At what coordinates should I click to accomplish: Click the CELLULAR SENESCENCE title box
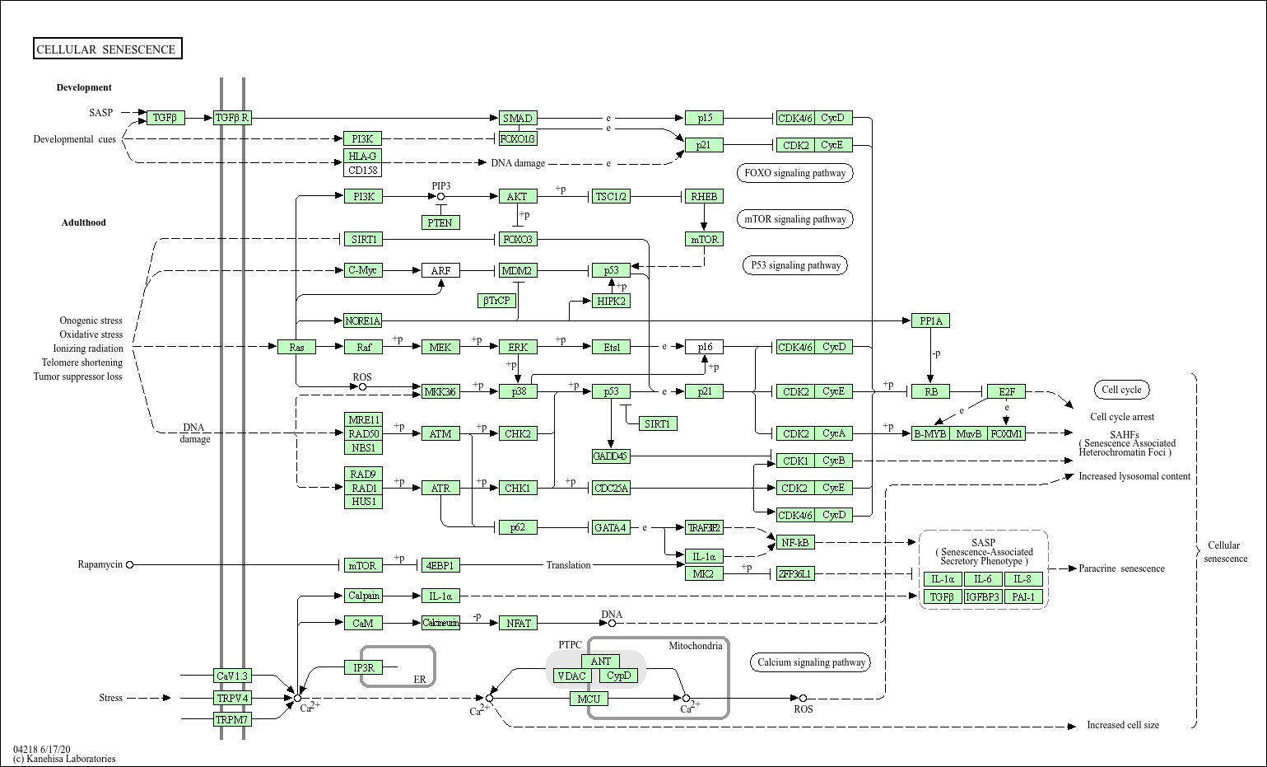[x=107, y=49]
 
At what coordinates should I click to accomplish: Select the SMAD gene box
[x=518, y=118]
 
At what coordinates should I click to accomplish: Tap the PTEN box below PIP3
[x=440, y=222]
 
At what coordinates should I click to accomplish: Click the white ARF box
[x=440, y=270]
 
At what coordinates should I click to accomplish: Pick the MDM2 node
[x=517, y=270]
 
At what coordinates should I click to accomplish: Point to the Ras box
[x=296, y=347]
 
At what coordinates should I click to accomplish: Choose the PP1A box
[x=930, y=320]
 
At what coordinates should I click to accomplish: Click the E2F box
[x=1006, y=391]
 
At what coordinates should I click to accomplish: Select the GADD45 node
[x=610, y=456]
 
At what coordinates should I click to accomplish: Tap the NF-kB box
[x=794, y=542]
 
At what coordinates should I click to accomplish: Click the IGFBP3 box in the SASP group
[x=983, y=596]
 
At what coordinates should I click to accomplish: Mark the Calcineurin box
[x=440, y=623]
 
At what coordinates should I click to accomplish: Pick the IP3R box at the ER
[x=363, y=667]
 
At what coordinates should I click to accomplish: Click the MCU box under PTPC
[x=589, y=699]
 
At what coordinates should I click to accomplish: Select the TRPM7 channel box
[x=231, y=719]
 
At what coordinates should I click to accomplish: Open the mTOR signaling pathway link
[x=794, y=219]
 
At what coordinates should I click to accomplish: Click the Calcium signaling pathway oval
[x=811, y=662]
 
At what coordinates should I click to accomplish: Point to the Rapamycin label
[x=100, y=564]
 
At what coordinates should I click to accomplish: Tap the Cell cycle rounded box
[x=1121, y=390]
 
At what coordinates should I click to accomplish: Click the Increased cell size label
[x=1122, y=725]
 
